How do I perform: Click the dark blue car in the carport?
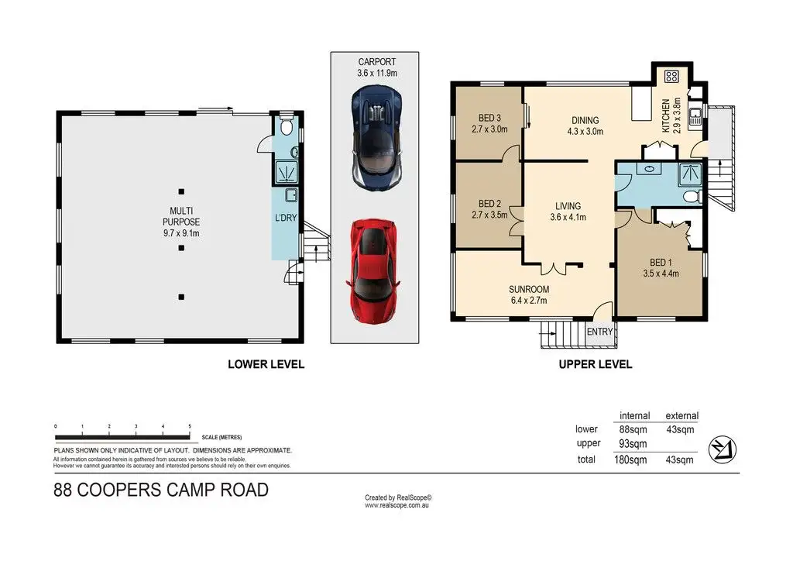[x=377, y=137]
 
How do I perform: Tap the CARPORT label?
[x=377, y=62]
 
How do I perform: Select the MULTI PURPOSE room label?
[x=181, y=216]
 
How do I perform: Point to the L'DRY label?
[x=286, y=218]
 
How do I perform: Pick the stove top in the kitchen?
[x=671, y=77]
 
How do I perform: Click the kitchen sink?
[x=695, y=116]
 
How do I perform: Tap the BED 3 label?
[x=489, y=119]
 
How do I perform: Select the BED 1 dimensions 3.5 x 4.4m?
[x=661, y=274]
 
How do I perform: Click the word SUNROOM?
[x=528, y=289]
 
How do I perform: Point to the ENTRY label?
[x=600, y=332]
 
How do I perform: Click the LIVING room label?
[x=568, y=206]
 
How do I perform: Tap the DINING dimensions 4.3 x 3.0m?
[x=585, y=132]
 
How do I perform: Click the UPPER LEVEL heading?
[x=596, y=364]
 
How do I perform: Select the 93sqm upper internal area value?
[x=633, y=444]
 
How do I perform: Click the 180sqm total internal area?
[x=630, y=459]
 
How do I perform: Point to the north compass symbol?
[x=723, y=449]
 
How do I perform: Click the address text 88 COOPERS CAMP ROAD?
[x=161, y=490]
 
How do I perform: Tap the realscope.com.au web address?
[x=397, y=505]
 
